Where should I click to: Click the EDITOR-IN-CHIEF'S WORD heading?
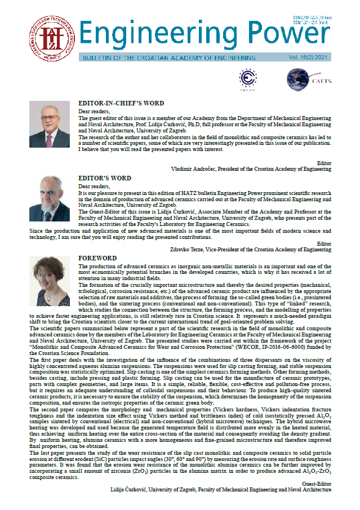tap(121, 104)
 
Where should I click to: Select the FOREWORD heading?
tap(97, 258)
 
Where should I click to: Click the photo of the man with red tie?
tap(50, 125)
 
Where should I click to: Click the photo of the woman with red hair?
tap(50, 281)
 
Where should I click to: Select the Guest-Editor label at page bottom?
tap(317, 484)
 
